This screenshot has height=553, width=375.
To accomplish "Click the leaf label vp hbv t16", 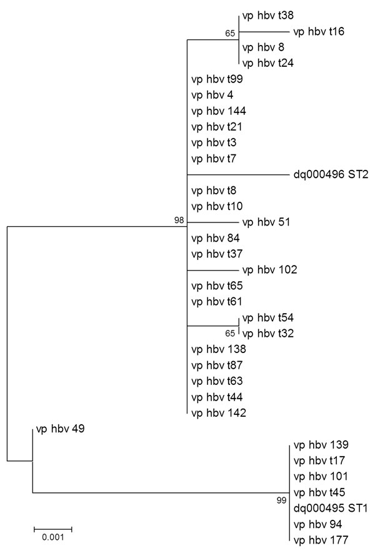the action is (x=319, y=32).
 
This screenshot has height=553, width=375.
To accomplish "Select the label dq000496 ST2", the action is (x=331, y=174).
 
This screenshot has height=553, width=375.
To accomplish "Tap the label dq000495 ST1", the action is (x=331, y=508).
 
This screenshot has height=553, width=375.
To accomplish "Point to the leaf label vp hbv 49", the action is (x=61, y=429).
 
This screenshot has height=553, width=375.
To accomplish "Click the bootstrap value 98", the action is (x=179, y=220).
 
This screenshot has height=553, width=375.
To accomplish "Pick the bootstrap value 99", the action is (x=281, y=501).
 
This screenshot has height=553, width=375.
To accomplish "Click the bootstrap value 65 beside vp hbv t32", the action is (x=230, y=333).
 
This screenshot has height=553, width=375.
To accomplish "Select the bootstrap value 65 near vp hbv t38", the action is (x=230, y=33).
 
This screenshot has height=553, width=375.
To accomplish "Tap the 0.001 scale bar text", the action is (x=53, y=537).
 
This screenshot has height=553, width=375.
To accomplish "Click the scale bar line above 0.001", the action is (x=53, y=529).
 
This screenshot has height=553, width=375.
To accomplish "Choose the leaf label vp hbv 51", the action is (x=266, y=222).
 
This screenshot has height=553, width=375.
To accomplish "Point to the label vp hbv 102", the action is (x=270, y=270).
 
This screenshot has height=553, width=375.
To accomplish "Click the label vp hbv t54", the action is (x=268, y=318).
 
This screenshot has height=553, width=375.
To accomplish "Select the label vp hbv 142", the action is (x=219, y=413).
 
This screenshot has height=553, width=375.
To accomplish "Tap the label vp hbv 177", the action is (x=321, y=540).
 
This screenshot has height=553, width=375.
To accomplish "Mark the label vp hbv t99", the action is (x=217, y=79).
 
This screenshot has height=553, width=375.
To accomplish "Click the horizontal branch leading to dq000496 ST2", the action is (x=238, y=174).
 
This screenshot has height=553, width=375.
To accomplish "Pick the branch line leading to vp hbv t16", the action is (x=264, y=32).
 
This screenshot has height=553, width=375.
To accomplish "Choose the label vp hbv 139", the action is (x=321, y=445).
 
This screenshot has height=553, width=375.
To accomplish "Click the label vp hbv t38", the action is (x=267, y=16).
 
